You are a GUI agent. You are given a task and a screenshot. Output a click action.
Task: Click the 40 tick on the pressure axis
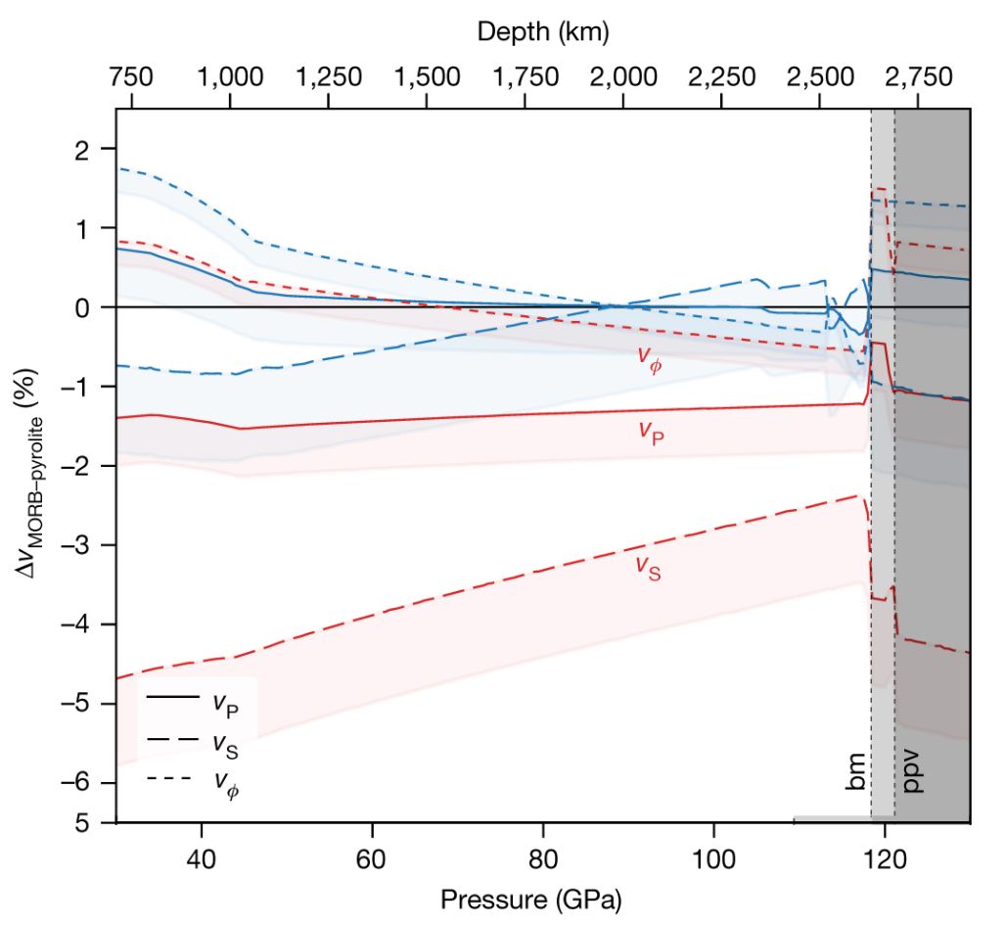(x=202, y=850)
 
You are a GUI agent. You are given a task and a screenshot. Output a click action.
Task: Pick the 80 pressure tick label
(x=543, y=850)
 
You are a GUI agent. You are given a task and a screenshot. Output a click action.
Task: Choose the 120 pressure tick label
(x=885, y=850)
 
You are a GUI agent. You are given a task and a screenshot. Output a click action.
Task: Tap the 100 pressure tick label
(x=713, y=850)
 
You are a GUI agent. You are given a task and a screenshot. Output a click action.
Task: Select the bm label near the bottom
(x=855, y=772)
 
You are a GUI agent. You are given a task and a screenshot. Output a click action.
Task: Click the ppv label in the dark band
(x=914, y=772)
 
